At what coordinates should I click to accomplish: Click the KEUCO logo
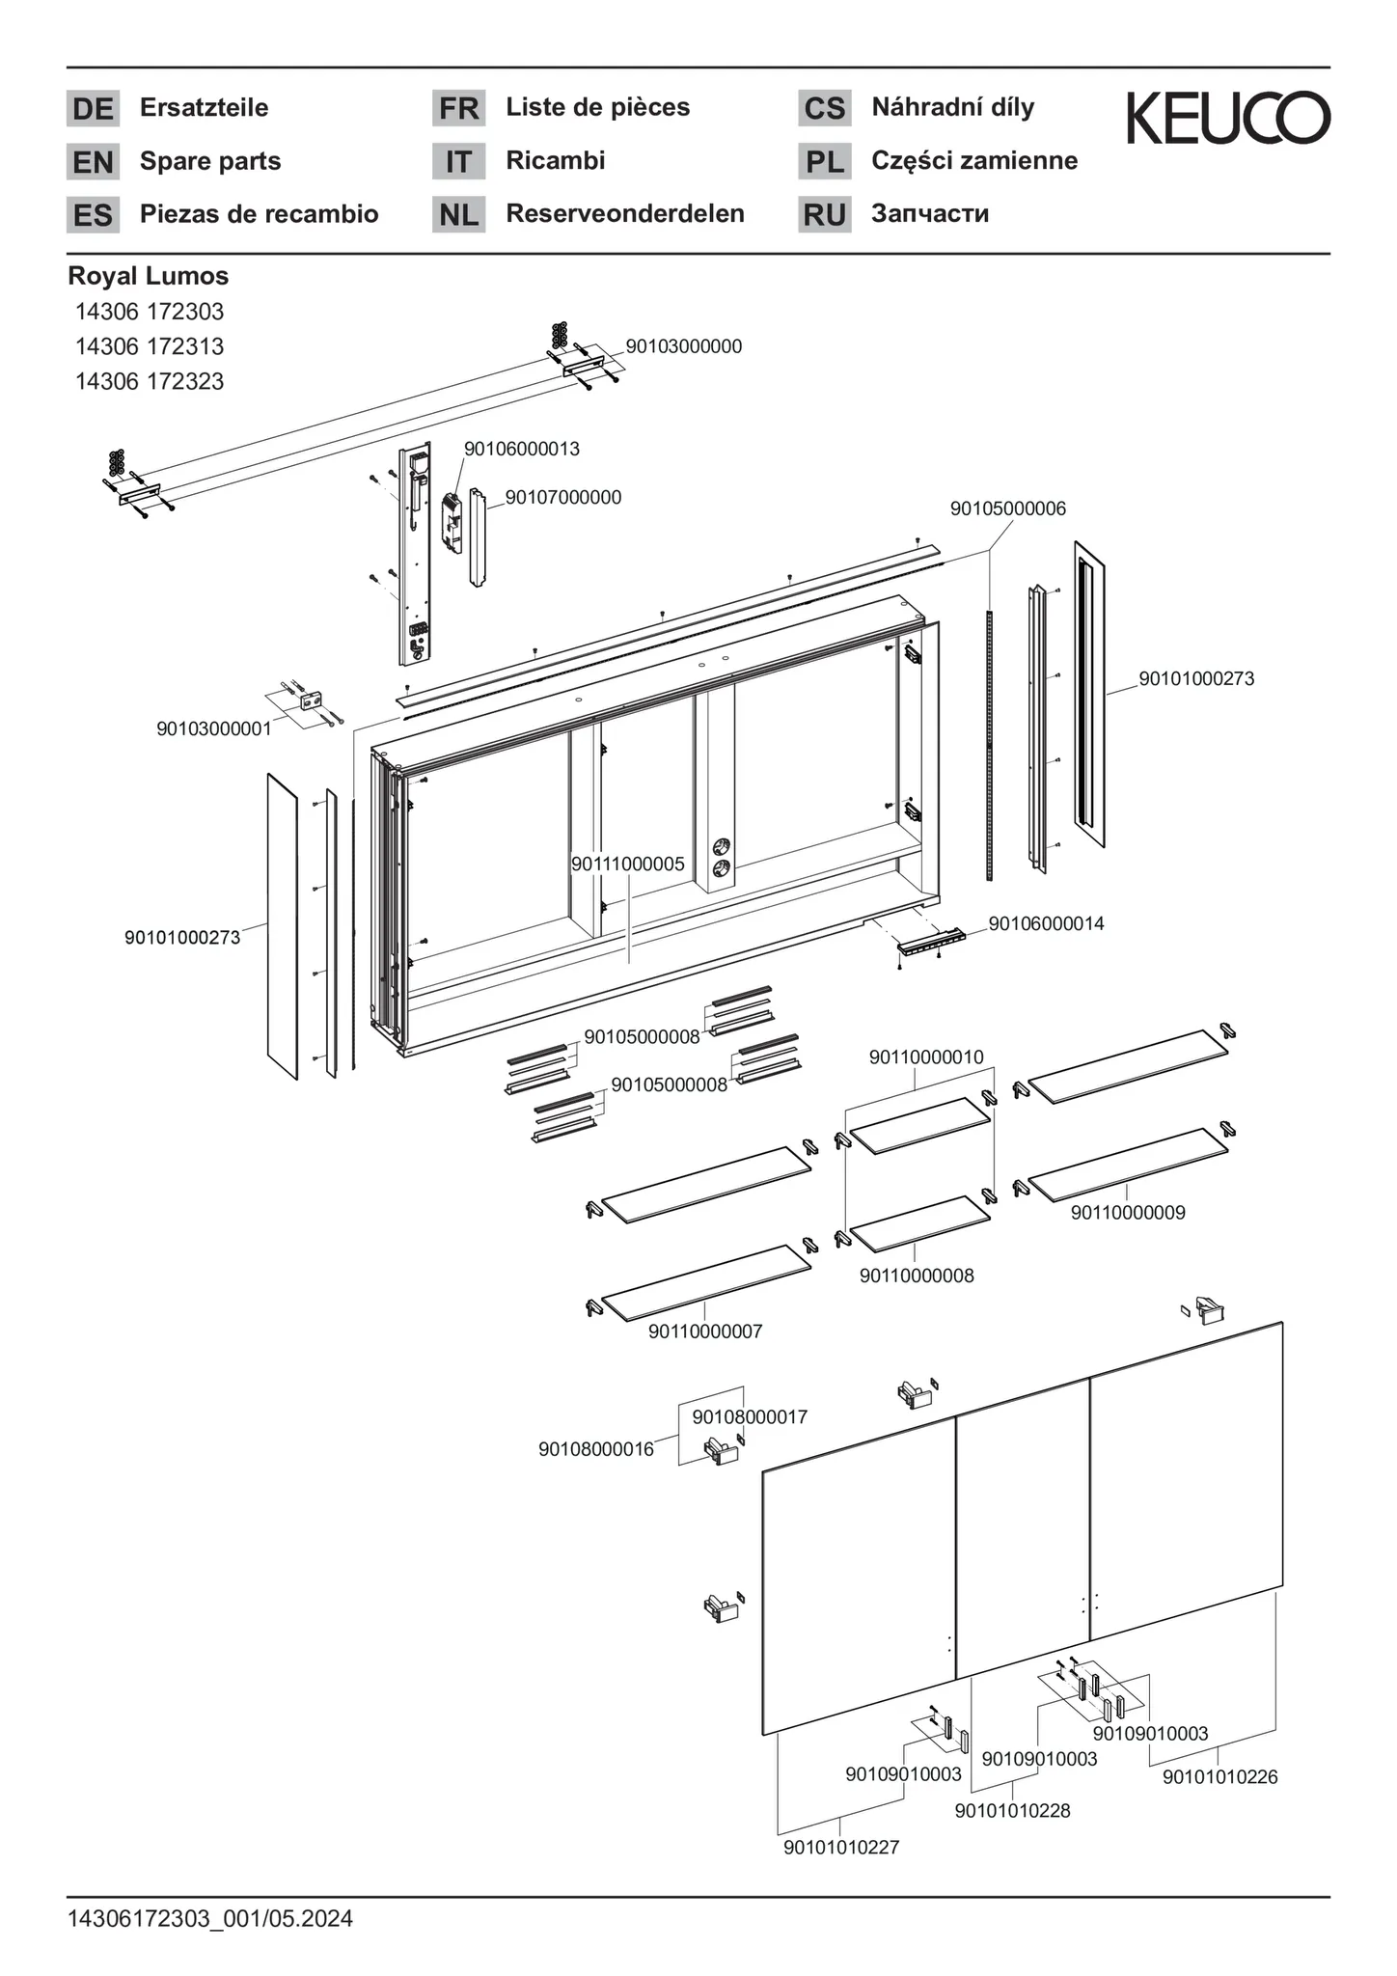click(1228, 118)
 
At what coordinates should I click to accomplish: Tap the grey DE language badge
click(93, 108)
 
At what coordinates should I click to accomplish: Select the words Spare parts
click(210, 161)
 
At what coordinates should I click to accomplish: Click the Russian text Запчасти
click(930, 213)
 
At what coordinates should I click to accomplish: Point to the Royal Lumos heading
click(148, 276)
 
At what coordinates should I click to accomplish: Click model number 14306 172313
click(150, 346)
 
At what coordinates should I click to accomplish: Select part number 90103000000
click(684, 346)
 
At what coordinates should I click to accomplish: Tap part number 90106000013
click(522, 449)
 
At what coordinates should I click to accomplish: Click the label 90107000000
click(563, 498)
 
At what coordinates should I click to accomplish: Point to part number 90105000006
click(1008, 508)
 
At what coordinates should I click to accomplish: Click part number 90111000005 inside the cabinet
click(628, 864)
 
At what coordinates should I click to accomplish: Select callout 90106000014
click(1047, 923)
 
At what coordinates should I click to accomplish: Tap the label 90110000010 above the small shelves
click(926, 1057)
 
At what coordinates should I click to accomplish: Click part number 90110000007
click(705, 1331)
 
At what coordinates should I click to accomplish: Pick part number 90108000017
click(750, 1417)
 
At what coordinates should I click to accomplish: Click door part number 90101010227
click(841, 1847)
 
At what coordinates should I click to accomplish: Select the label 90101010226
click(1219, 1777)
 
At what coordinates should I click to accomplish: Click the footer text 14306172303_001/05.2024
click(210, 1919)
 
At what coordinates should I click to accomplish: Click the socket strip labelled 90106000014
click(931, 942)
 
